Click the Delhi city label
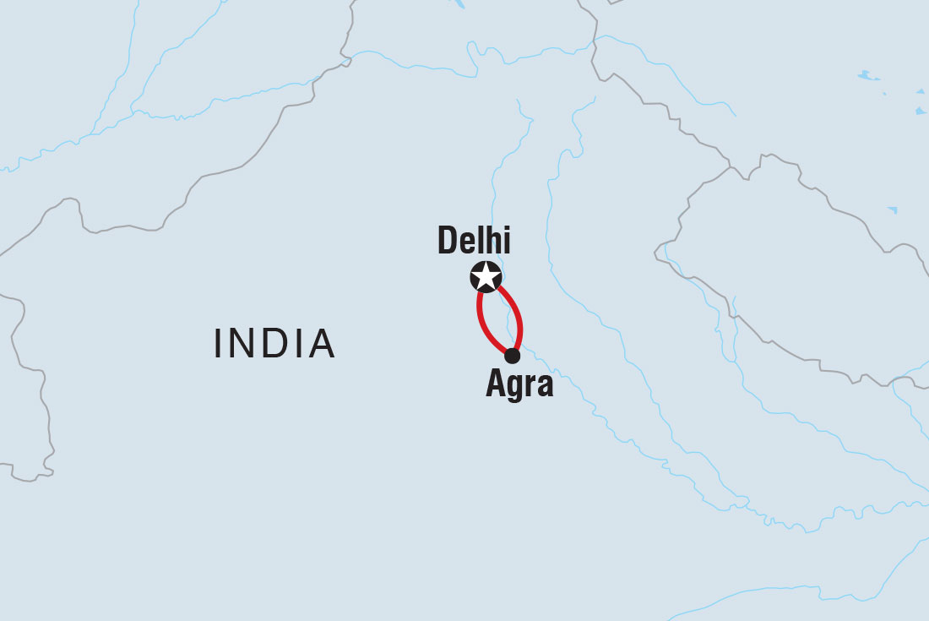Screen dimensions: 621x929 pos(474,241)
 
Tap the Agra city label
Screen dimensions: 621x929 pos(519,384)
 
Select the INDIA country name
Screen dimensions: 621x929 pos(275,344)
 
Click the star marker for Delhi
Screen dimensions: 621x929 pos(486,276)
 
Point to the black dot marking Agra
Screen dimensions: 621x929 pos(512,356)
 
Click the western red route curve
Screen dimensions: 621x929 pos(482,322)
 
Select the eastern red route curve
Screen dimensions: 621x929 pos(518,318)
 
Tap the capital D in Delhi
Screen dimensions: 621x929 pos(448,241)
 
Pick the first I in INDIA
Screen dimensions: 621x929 pos(220,344)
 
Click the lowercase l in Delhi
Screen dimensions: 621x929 pos(481,241)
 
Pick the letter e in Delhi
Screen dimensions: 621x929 pos(468,243)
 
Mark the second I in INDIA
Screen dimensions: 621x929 pos(299,344)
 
